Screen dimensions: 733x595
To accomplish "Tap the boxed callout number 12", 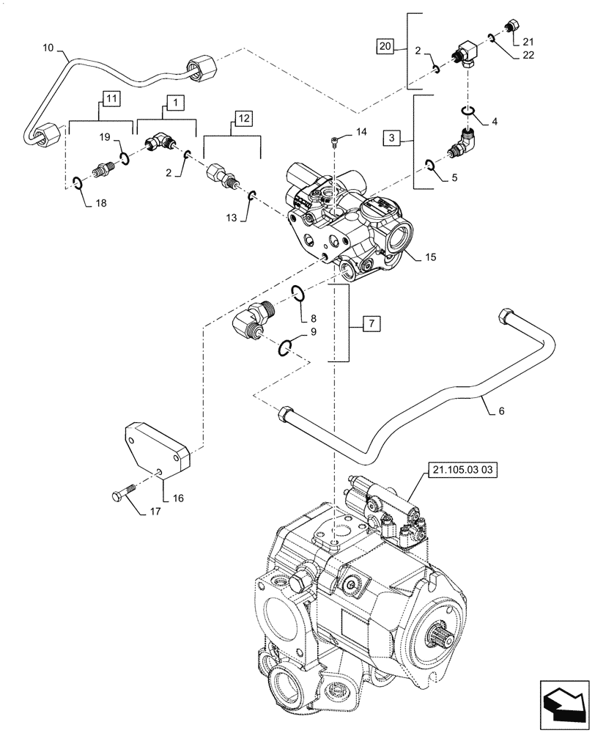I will click(x=243, y=117).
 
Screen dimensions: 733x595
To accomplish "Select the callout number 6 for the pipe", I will click(x=500, y=412).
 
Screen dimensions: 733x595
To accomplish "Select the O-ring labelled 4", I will click(x=467, y=111).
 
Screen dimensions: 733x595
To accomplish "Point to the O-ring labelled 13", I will click(x=251, y=195).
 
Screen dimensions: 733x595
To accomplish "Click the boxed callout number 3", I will click(x=392, y=137).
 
